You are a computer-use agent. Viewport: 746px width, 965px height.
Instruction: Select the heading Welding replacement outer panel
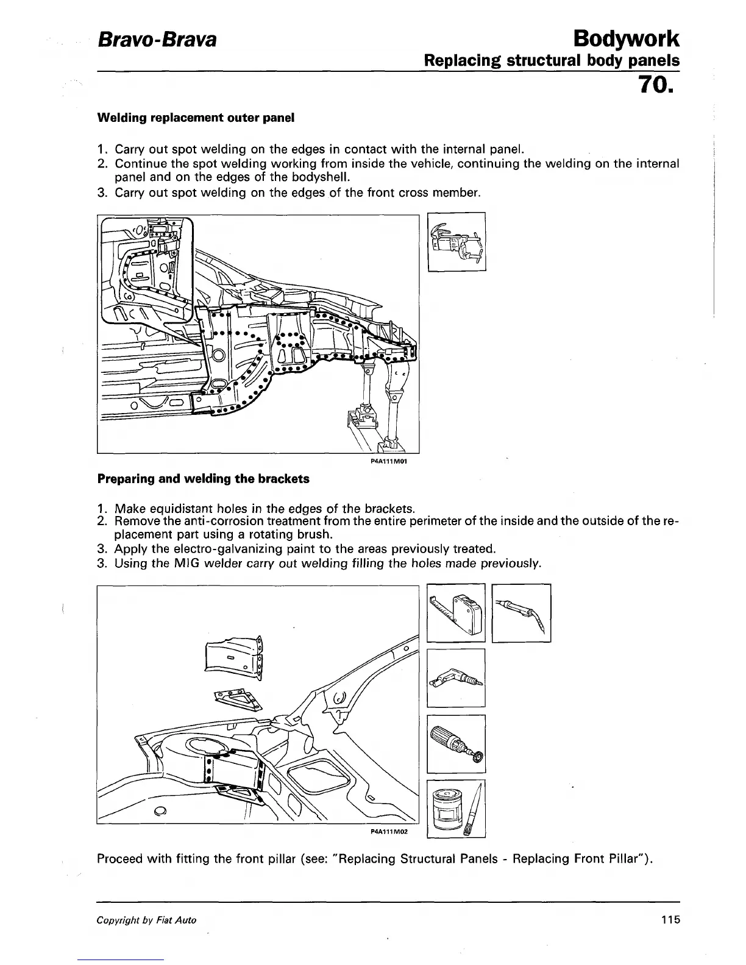coord(196,118)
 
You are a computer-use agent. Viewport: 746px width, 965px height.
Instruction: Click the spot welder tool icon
coord(456,241)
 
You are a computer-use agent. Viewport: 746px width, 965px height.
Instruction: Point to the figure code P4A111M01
coord(388,461)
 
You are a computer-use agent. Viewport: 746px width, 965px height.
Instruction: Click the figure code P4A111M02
coord(388,831)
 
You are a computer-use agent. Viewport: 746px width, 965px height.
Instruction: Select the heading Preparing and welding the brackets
coord(204,479)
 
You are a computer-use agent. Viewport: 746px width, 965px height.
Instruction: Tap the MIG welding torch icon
coord(521,613)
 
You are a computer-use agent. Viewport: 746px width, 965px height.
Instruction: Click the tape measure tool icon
coord(456,613)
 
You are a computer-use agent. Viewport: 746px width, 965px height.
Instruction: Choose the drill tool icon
coord(456,677)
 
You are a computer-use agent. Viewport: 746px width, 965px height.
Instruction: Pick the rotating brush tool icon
coord(456,743)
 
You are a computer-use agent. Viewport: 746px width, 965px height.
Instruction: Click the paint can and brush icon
coord(456,808)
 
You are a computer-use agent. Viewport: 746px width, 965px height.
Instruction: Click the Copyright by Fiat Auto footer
coord(147,920)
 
